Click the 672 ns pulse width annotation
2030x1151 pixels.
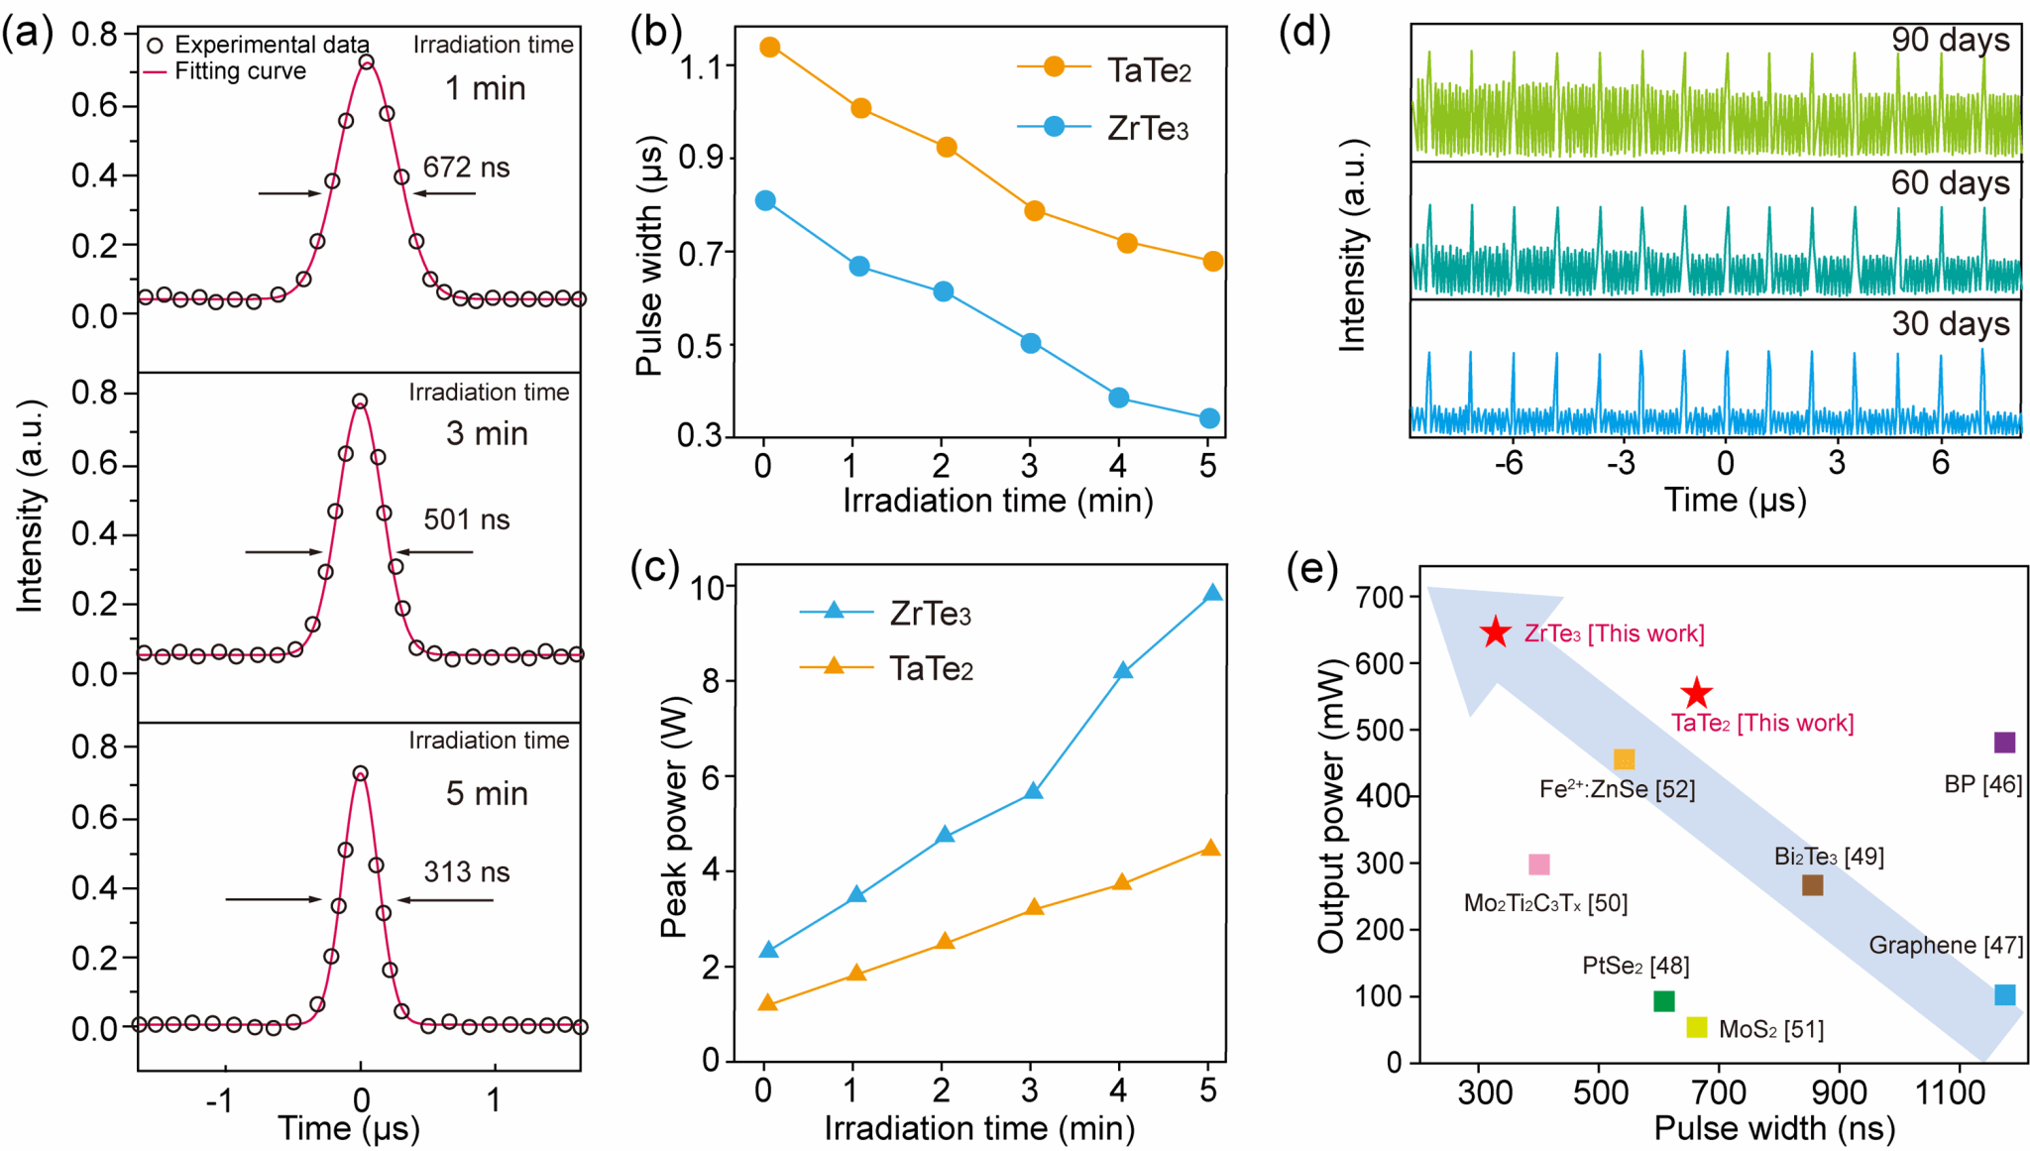(466, 168)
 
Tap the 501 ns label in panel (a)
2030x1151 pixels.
(466, 519)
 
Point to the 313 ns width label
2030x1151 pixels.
(466, 872)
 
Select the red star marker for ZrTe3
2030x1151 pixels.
(1495, 633)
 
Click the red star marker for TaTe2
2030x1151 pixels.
(1697, 693)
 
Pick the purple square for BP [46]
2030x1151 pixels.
(2004, 743)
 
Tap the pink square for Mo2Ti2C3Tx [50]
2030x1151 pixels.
(1538, 864)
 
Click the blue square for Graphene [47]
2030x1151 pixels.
(2004, 994)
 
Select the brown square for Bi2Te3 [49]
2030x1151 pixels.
(1812, 885)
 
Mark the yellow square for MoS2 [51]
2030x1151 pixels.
(1697, 1027)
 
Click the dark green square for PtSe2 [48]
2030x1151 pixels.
(1664, 1001)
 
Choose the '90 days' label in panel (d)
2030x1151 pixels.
(1950, 40)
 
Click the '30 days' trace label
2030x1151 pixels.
(1950, 324)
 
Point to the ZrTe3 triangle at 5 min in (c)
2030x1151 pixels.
(1212, 594)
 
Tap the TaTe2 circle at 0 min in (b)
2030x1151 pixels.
(769, 47)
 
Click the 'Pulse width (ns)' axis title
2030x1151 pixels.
(1773, 1128)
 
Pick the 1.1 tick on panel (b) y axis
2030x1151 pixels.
(706, 67)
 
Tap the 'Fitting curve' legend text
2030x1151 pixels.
(240, 71)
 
